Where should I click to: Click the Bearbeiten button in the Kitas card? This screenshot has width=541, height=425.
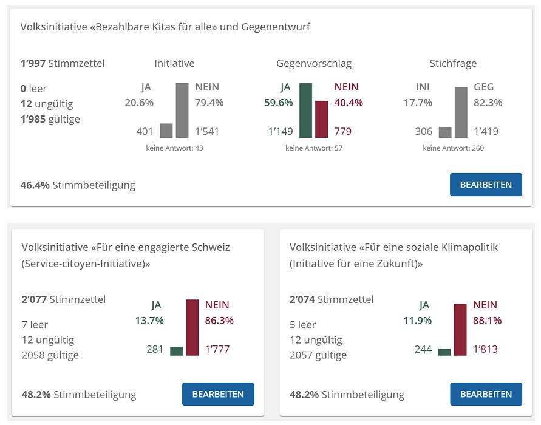point(486,185)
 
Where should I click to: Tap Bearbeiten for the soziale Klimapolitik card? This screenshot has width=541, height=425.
point(486,394)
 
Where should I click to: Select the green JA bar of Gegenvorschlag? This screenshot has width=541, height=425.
point(305,110)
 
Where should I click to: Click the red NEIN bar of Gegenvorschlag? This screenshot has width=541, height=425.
point(321,120)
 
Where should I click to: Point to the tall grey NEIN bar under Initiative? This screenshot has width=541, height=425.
point(182,110)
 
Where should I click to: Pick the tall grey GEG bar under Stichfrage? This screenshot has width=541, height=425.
point(461,113)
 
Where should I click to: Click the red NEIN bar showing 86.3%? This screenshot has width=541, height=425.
point(192,327)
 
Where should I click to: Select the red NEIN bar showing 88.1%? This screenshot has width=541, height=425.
point(460,329)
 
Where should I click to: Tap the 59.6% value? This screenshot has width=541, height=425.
point(279,103)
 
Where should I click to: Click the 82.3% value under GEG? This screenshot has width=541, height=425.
point(488,103)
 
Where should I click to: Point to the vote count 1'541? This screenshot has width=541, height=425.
point(207,131)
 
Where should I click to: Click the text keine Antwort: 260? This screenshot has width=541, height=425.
point(453,148)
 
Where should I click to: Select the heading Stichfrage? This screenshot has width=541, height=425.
point(453,63)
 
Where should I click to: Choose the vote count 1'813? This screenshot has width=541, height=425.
point(485,349)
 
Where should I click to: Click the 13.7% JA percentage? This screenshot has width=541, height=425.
point(149,320)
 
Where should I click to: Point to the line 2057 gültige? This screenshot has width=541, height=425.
point(318,355)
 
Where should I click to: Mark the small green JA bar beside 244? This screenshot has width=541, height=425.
point(444,352)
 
